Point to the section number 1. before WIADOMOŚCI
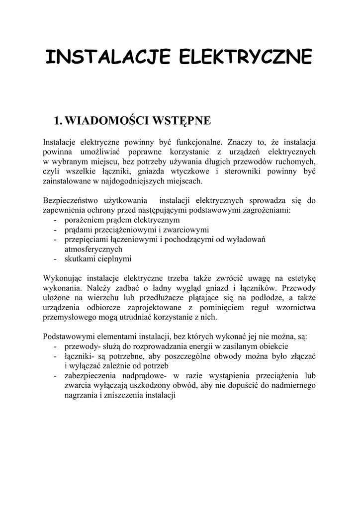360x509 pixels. click(58, 120)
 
